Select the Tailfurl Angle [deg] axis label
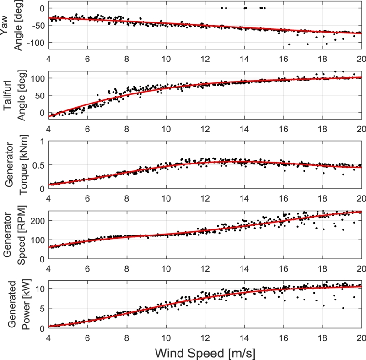point(13,93)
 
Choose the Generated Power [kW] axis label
point(13,304)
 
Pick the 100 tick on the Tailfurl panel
point(38,78)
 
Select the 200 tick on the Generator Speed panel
point(38,220)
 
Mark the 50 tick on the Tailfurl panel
point(40,95)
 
